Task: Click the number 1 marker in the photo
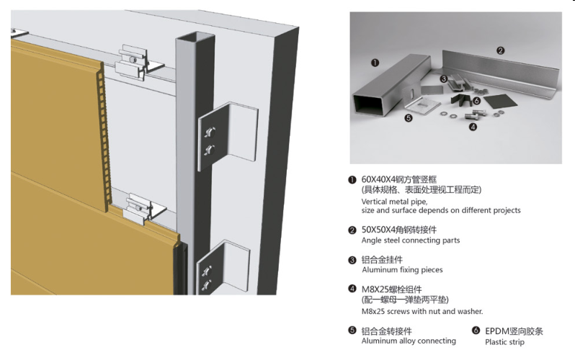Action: [375, 63]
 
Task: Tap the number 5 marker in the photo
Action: [409, 117]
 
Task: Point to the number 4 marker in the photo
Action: [473, 127]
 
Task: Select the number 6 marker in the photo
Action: [477, 101]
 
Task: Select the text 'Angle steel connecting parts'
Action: [410, 240]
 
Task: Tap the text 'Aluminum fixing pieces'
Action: [402, 270]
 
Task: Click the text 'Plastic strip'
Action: [505, 341]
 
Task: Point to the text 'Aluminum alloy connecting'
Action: [409, 341]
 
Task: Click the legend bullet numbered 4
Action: [352, 289]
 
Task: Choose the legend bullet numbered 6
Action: [476, 331]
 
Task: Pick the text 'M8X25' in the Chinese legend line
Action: [375, 289]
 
